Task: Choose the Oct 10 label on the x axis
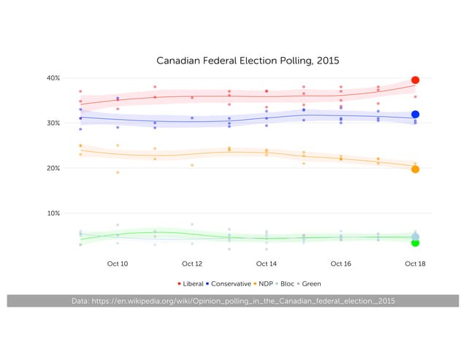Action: (x=118, y=264)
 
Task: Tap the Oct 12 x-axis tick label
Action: (x=192, y=264)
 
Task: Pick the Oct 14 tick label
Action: (x=267, y=264)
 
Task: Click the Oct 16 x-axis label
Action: (x=341, y=264)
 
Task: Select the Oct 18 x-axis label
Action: (x=415, y=264)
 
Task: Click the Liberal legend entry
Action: (x=191, y=283)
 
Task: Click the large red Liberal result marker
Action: (x=415, y=80)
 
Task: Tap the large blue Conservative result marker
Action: (x=415, y=115)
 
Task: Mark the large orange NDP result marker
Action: (x=415, y=169)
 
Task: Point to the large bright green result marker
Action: (x=415, y=243)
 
